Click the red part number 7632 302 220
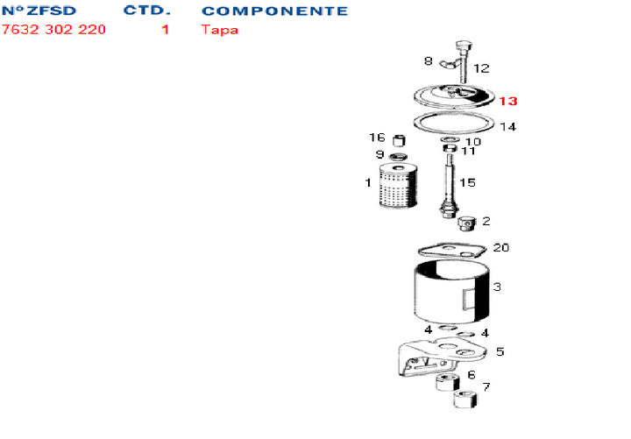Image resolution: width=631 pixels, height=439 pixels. (53, 30)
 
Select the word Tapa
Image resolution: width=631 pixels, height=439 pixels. (220, 30)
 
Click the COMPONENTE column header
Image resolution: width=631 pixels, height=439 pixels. (275, 11)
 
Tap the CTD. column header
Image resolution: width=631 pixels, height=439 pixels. (147, 11)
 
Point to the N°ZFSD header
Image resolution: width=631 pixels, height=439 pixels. (39, 11)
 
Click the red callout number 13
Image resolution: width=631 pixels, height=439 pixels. (507, 101)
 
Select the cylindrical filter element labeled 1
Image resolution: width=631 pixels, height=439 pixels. (398, 186)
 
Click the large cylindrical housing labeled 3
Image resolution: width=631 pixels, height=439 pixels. (451, 291)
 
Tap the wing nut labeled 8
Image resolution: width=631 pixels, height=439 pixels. (450, 63)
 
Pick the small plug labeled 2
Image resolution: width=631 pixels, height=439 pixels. (467, 223)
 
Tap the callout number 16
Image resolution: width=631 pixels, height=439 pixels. (377, 138)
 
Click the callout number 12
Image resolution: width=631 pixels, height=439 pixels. (481, 68)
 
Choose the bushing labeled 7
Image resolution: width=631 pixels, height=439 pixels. (465, 399)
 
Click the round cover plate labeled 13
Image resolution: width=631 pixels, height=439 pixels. (454, 96)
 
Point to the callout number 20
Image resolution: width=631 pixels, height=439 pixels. (501, 247)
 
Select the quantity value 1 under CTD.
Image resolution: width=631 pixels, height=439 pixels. (165, 30)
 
